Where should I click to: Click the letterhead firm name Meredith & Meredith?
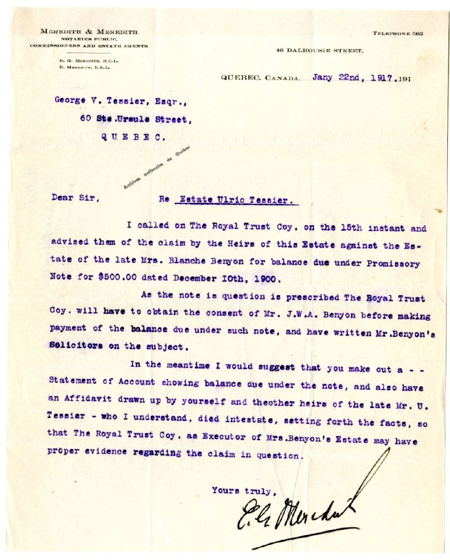pyautogui.click(x=90, y=32)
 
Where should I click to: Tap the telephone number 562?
pyautogui.click(x=417, y=34)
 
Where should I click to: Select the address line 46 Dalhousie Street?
pyautogui.click(x=319, y=51)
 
